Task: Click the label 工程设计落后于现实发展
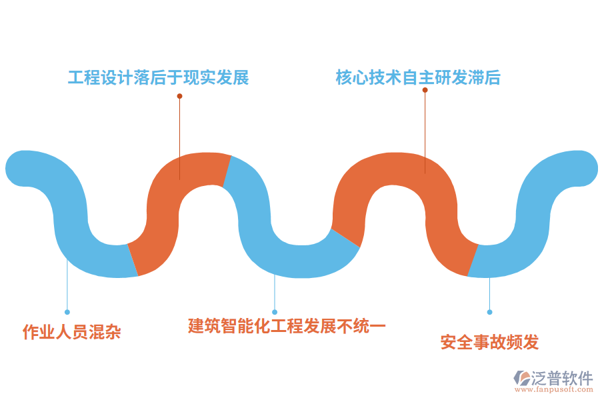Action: point(158,78)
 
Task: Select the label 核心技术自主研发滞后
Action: point(418,78)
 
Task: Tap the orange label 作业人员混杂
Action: point(72,331)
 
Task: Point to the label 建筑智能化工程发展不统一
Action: point(287,326)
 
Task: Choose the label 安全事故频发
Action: point(489,342)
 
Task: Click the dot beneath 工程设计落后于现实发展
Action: point(179,96)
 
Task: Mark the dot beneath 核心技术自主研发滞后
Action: point(425,90)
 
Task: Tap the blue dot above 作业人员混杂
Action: point(67,312)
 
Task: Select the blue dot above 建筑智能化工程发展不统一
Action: point(275,312)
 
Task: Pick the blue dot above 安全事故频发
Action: point(489,312)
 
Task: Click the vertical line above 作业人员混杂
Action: point(67,287)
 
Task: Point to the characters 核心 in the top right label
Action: point(352,78)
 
